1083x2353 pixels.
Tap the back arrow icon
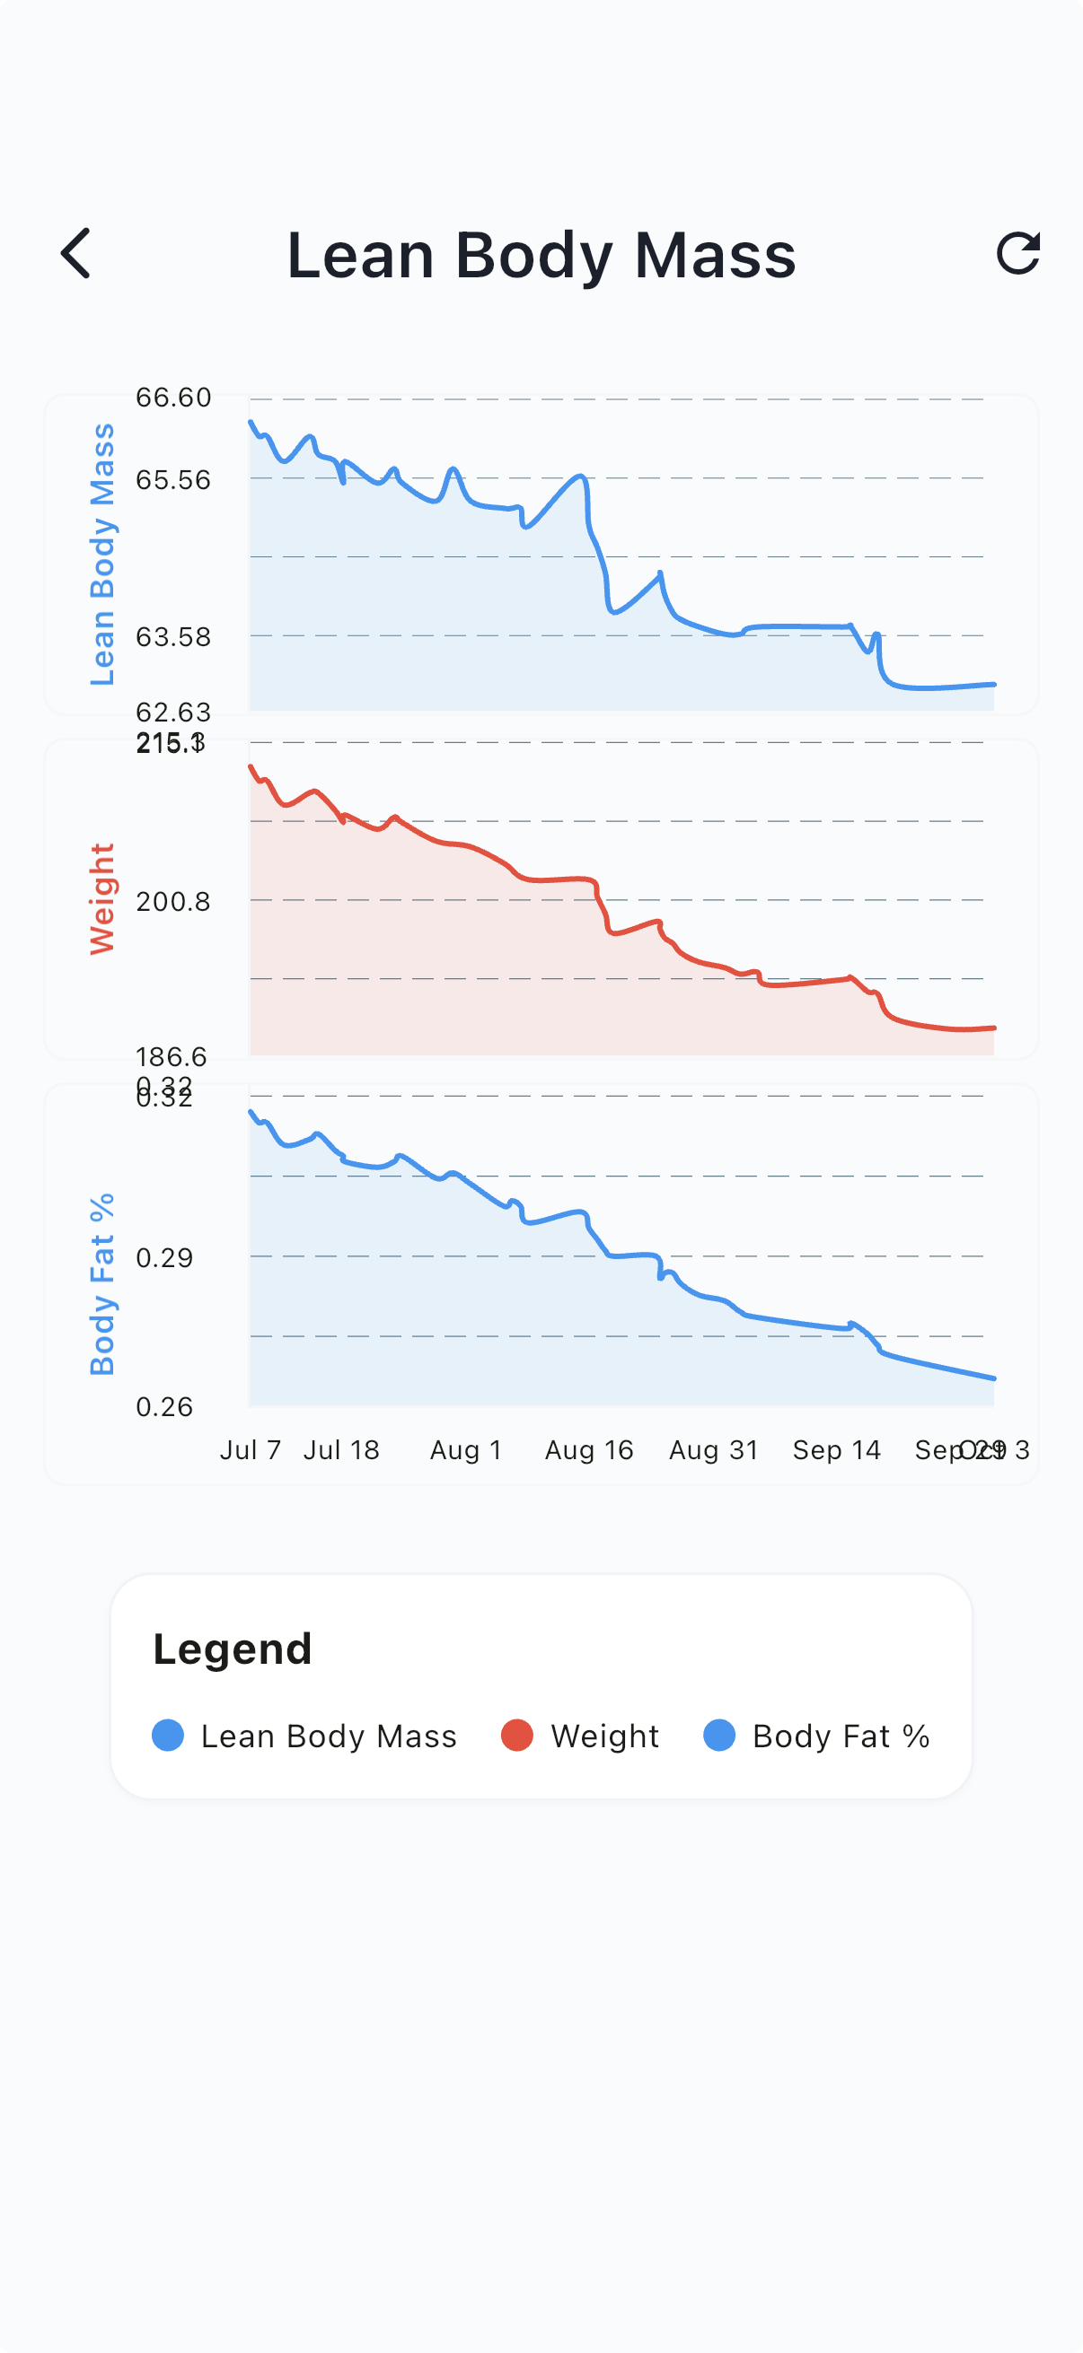coord(76,253)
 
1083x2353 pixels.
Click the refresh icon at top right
coord(1017,253)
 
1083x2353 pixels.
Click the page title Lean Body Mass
coord(541,255)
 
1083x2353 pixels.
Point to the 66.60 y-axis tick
coord(173,398)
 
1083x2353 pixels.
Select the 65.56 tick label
coord(173,479)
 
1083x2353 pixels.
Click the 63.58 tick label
coord(173,636)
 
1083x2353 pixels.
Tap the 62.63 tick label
coord(173,712)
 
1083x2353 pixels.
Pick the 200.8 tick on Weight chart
coord(173,902)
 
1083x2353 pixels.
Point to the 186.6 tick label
coord(172,1057)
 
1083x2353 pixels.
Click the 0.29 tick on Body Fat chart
coord(164,1258)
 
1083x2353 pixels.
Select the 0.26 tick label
coord(164,1407)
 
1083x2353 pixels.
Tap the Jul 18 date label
coord(341,1449)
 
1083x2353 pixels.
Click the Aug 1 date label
coord(466,1449)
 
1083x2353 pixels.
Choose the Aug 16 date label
coord(589,1449)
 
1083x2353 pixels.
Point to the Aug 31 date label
coord(714,1449)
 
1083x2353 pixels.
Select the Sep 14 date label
coord(836,1449)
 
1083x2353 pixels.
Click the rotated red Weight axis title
coord(101,899)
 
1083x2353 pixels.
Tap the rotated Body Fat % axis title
coord(101,1283)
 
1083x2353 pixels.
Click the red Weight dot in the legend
coord(517,1736)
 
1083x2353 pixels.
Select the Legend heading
coord(233,1649)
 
